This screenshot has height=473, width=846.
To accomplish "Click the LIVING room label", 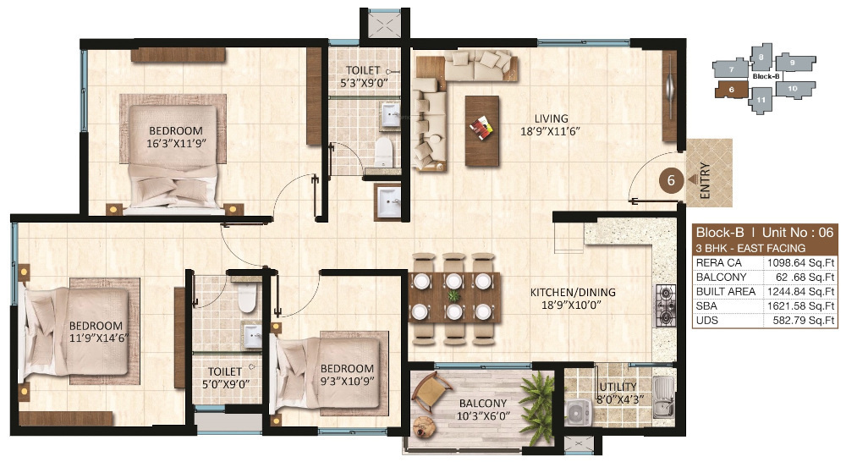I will [x=551, y=118].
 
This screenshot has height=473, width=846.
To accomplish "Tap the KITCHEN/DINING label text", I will [x=573, y=293].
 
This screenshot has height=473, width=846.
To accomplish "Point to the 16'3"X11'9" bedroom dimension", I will [x=176, y=143].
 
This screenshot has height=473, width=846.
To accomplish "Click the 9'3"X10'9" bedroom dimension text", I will [x=347, y=382].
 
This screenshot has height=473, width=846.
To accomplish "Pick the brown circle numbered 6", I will [x=671, y=180].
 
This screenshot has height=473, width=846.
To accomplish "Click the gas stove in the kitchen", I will [x=665, y=305].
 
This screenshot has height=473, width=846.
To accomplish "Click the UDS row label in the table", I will [x=706, y=320].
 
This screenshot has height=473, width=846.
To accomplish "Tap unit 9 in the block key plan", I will [x=794, y=62].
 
